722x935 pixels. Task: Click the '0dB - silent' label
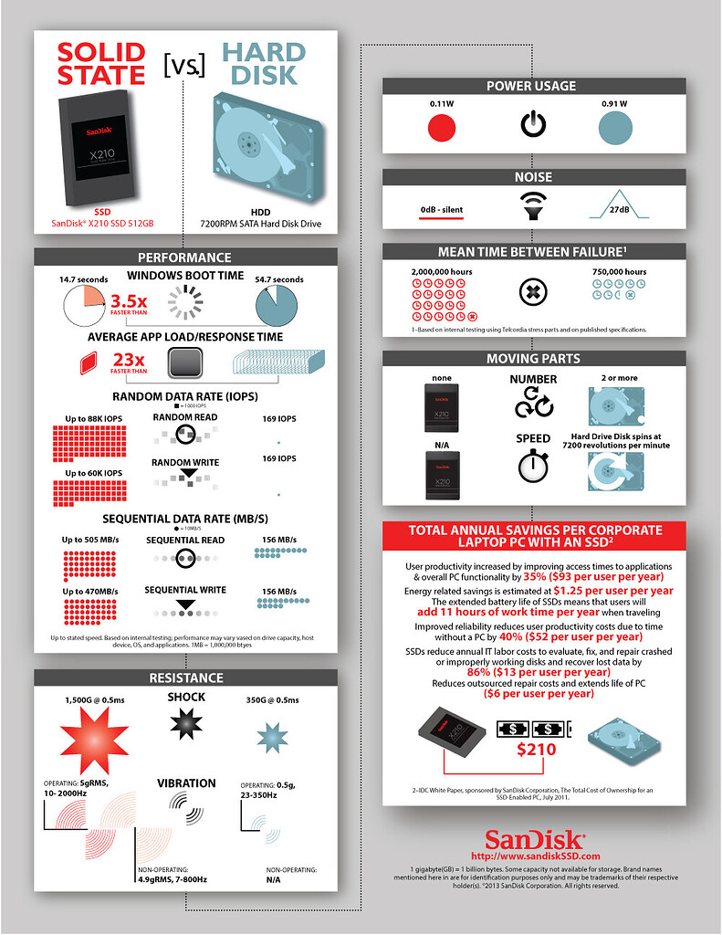point(442,210)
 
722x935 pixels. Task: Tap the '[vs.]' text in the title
point(183,66)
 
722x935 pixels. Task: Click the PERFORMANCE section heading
point(183,257)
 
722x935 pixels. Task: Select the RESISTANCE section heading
point(185,678)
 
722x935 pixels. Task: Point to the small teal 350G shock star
point(271,736)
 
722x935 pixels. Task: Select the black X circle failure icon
point(532,293)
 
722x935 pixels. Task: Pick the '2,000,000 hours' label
point(442,271)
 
